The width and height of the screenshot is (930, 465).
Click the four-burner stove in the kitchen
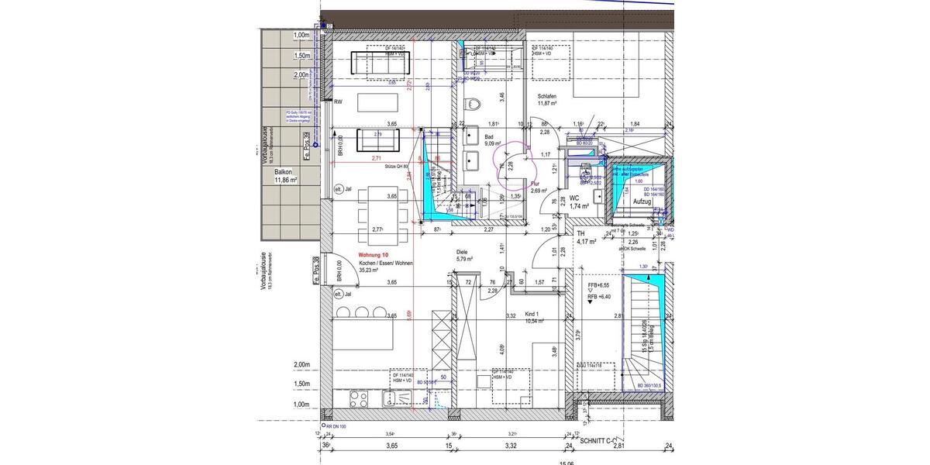360,400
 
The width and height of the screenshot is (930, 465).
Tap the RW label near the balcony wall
338,102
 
